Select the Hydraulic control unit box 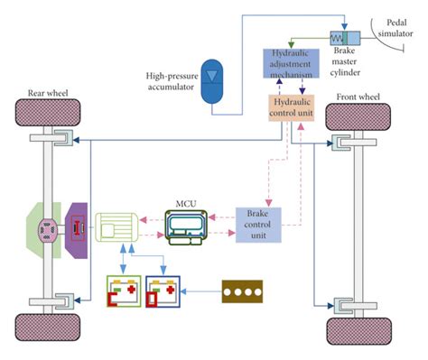[x=291, y=109]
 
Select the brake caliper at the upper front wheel [x=339, y=142]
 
